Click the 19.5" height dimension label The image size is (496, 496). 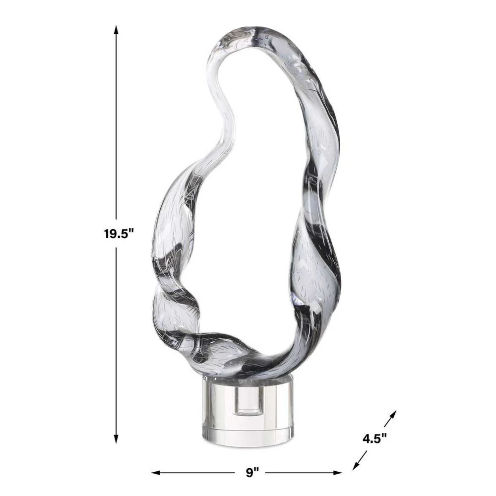tap(120, 234)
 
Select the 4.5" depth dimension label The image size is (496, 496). tap(374, 438)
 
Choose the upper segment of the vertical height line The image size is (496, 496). tap(117, 124)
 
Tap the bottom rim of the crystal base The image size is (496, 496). tap(248, 443)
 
